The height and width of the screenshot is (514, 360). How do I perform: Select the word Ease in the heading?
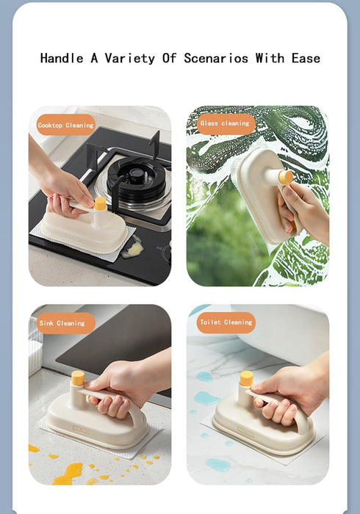pyautogui.click(x=304, y=58)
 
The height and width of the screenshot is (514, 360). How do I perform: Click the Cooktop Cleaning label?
pyautogui.click(x=66, y=126)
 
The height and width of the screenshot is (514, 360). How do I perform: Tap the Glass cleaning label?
pyautogui.click(x=225, y=123)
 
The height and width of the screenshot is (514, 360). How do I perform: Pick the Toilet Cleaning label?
pyautogui.click(x=226, y=322)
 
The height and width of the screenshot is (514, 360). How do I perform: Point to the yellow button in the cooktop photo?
pyautogui.click(x=100, y=203)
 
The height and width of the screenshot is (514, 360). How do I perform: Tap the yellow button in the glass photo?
pyautogui.click(x=286, y=177)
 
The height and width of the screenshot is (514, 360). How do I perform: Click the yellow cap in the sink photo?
pyautogui.click(x=77, y=379)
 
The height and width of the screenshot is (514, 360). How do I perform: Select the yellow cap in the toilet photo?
pyautogui.click(x=246, y=378)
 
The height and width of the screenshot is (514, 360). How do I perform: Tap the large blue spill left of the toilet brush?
pyautogui.click(x=206, y=399)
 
